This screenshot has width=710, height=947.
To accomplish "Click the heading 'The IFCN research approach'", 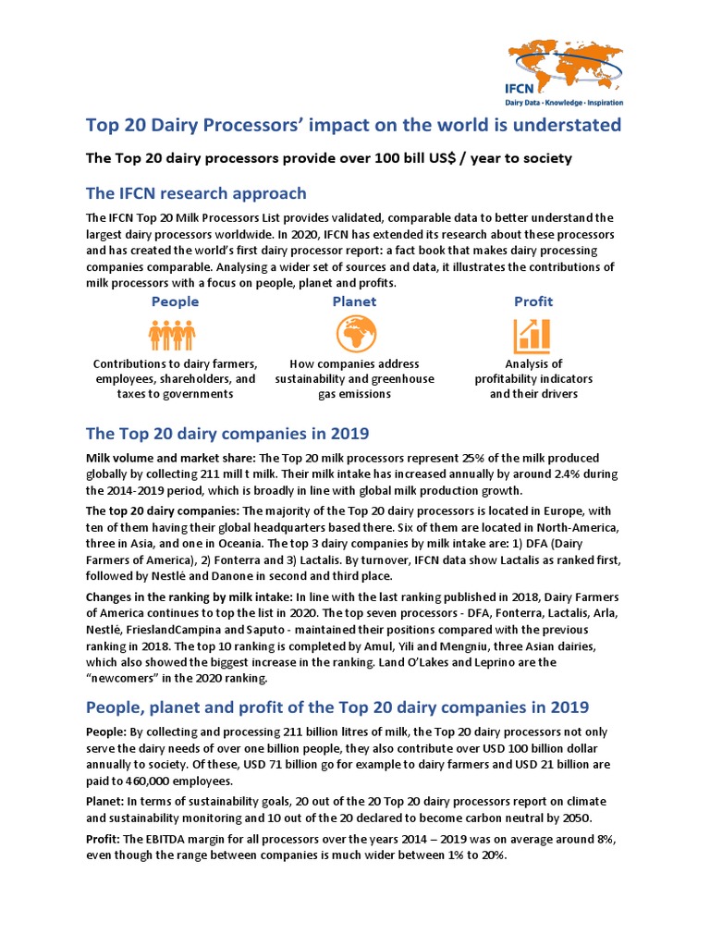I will pos(196,193).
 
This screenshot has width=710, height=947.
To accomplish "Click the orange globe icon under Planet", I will pos(354,334).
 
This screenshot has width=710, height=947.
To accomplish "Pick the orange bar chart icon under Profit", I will pos(532,335).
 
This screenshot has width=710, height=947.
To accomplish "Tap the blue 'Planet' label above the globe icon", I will pos(354,301).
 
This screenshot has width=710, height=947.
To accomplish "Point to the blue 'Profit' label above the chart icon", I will pos(533,301).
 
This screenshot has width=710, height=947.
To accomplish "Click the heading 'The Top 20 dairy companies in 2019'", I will pos(227,433).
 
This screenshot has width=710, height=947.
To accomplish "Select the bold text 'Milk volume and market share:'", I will pos(172,458).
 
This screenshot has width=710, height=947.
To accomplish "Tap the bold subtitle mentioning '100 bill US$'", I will pos(329,158).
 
